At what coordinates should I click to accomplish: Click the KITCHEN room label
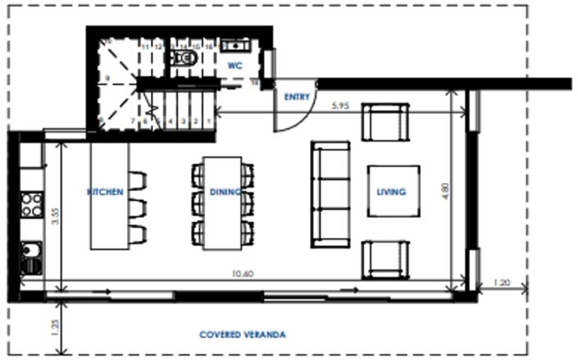pyautogui.click(x=106, y=192)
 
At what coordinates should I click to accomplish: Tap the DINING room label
pyautogui.click(x=224, y=192)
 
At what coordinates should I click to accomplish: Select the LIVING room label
pyautogui.click(x=391, y=192)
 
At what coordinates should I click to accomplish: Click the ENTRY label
pyautogui.click(x=296, y=97)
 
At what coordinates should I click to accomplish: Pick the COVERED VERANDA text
pyautogui.click(x=243, y=335)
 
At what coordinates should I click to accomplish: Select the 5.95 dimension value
pyautogui.click(x=342, y=106)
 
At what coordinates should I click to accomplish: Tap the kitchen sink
pyautogui.click(x=31, y=256)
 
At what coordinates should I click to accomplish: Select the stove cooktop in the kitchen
pyautogui.click(x=31, y=203)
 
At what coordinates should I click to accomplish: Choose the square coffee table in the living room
pyautogui.click(x=394, y=192)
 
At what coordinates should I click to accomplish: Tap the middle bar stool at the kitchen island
pyautogui.click(x=136, y=205)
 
